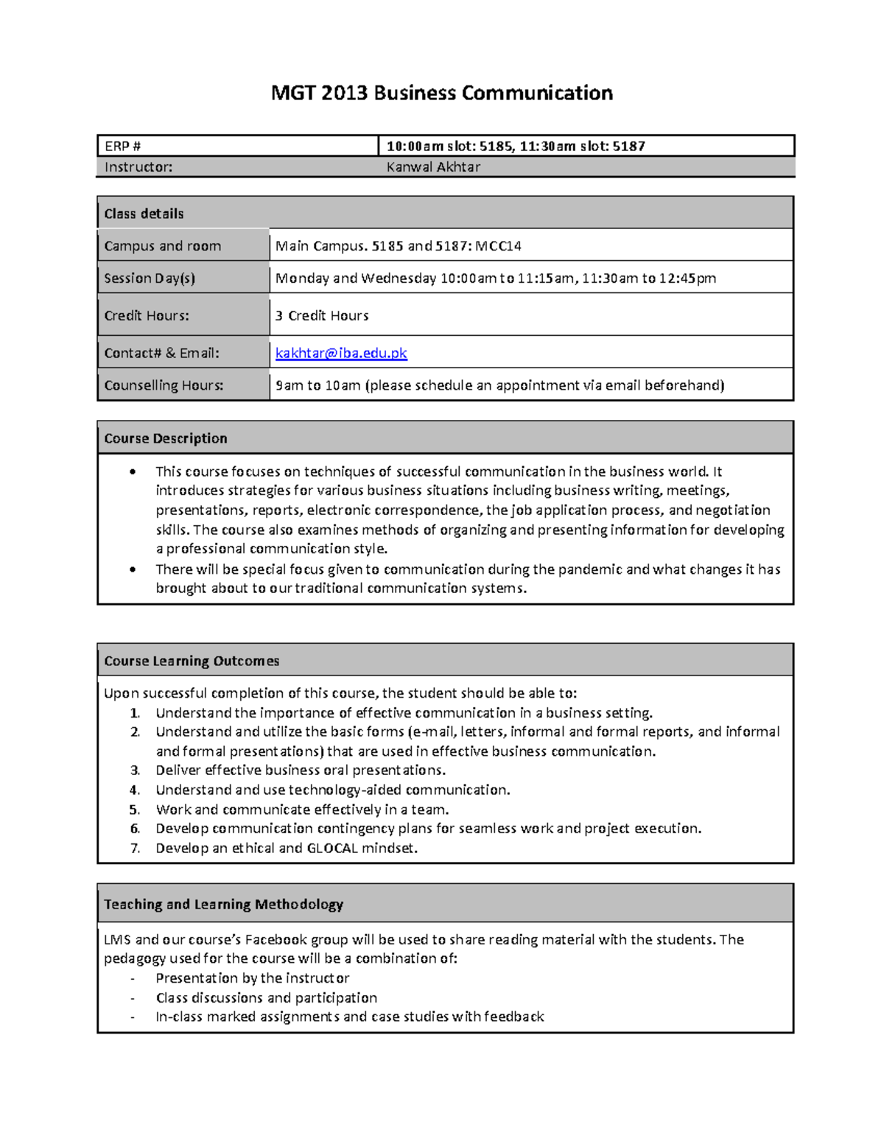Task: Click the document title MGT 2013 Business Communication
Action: [441, 93]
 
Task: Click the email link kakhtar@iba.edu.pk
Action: [341, 353]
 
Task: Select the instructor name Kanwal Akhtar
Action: [433, 167]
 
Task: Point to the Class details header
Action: [144, 214]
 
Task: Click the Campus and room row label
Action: [163, 246]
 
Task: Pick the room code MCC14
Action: [499, 246]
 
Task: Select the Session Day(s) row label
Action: [150, 278]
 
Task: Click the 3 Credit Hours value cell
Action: [322, 315]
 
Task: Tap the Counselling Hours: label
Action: [164, 385]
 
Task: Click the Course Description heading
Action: [166, 438]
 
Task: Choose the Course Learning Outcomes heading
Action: [192, 661]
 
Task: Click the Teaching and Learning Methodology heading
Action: [223, 904]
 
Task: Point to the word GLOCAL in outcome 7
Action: [332, 848]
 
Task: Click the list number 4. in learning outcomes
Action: [135, 790]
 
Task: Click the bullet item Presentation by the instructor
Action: [252, 978]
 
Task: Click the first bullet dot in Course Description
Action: [133, 472]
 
